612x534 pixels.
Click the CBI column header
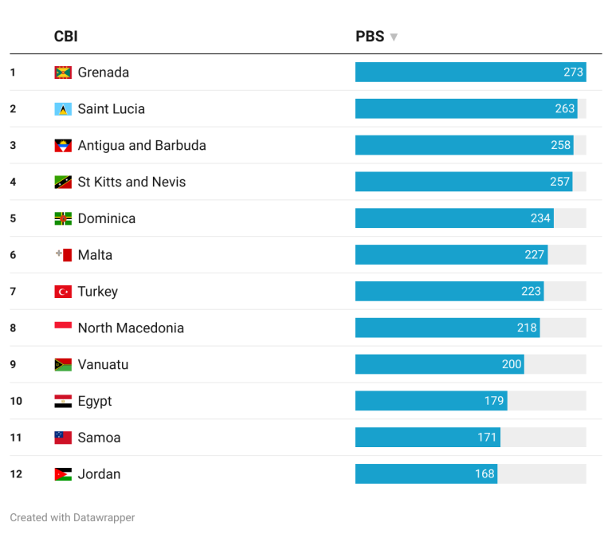(x=65, y=37)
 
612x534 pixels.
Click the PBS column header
(x=370, y=37)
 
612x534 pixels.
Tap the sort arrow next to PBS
(x=394, y=37)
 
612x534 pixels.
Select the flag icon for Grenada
(x=63, y=73)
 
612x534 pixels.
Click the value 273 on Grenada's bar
(x=573, y=73)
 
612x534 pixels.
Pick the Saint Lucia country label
(x=111, y=109)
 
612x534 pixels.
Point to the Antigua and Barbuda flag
(x=63, y=146)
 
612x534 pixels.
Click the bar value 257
(x=560, y=182)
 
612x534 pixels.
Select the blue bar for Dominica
(x=454, y=218)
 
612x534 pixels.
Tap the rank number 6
(x=13, y=255)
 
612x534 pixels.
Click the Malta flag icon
(x=63, y=255)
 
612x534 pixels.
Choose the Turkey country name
(x=97, y=292)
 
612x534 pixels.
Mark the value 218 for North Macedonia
(x=527, y=328)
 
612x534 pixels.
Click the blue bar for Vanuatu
(x=439, y=364)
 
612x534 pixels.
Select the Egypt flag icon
(x=63, y=401)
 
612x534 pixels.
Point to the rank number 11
(x=16, y=438)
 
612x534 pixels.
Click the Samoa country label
(x=99, y=438)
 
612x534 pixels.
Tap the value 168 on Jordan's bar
(x=484, y=474)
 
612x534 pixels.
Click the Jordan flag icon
(x=63, y=474)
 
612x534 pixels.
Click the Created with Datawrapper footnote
(x=73, y=517)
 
